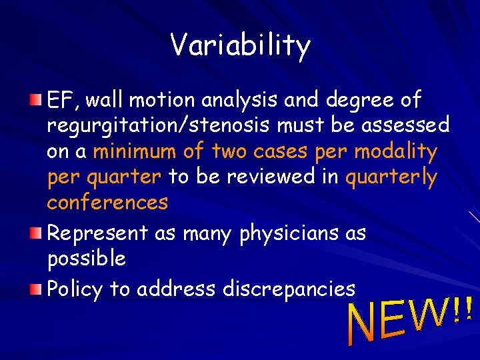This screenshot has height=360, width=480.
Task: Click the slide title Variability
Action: pos(240,46)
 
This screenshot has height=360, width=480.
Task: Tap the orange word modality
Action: pos(395,151)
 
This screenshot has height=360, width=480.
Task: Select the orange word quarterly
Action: pos(391,177)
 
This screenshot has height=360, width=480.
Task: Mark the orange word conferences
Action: pos(107,202)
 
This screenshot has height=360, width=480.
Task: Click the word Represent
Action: pos(97,233)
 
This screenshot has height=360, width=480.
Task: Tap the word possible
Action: pos(86,259)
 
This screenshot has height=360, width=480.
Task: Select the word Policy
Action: pos(75,289)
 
